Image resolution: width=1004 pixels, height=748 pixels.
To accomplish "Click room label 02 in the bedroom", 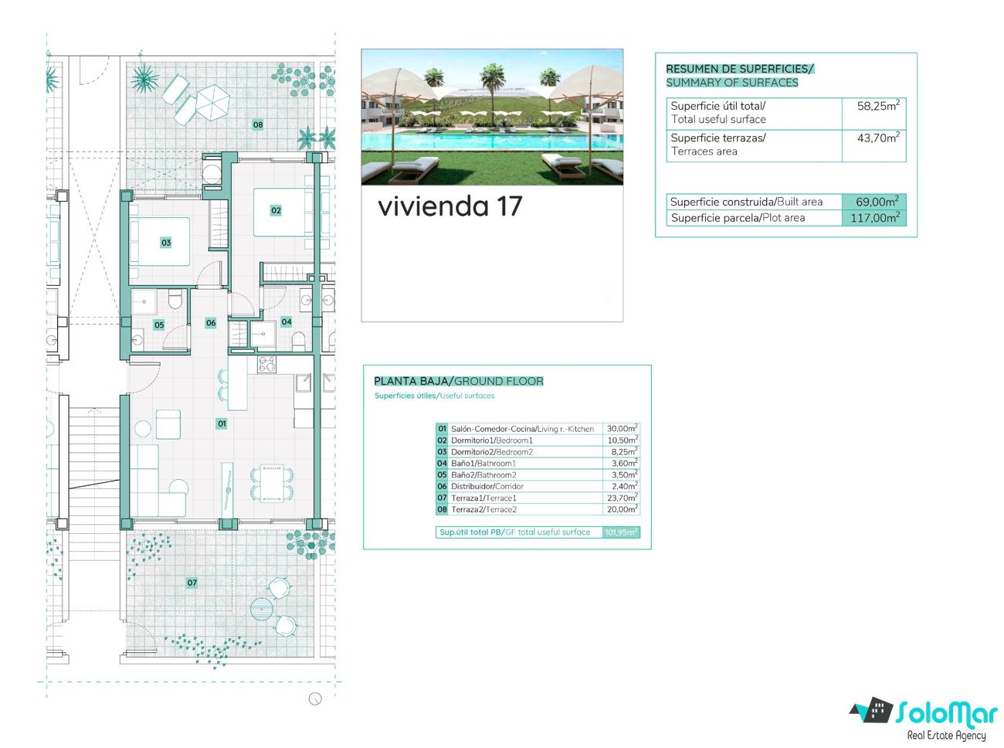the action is pyautogui.click(x=276, y=210).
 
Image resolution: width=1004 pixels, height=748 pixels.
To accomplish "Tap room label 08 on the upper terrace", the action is pyautogui.click(x=257, y=124).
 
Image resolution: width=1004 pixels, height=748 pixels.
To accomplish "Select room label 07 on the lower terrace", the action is pyautogui.click(x=192, y=583).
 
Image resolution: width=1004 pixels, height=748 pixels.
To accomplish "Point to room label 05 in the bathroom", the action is pyautogui.click(x=159, y=325).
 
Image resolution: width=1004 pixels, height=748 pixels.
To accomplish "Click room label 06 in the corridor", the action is pyautogui.click(x=211, y=322).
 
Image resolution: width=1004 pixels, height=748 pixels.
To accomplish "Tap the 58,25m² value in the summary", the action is pyautogui.click(x=878, y=106).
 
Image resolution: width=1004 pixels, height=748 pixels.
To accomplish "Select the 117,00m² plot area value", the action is pyautogui.click(x=875, y=217).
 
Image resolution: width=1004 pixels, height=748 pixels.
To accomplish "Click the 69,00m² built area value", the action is pyautogui.click(x=877, y=201).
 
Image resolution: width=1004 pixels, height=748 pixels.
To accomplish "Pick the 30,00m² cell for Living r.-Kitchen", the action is pyautogui.click(x=622, y=428).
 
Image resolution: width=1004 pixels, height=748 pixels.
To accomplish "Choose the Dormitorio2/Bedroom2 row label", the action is pyautogui.click(x=492, y=452).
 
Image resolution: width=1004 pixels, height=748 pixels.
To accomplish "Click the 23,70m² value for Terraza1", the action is pyautogui.click(x=622, y=498).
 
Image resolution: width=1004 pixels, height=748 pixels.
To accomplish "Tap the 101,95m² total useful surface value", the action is pyautogui.click(x=621, y=532).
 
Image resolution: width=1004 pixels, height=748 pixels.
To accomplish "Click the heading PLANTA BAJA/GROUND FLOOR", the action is pyautogui.click(x=458, y=381).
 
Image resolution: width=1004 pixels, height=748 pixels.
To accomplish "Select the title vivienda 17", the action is pyautogui.click(x=450, y=206).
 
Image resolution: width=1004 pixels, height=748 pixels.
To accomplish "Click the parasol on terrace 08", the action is pyautogui.click(x=212, y=102).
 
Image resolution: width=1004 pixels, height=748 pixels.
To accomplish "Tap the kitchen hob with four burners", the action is pyautogui.click(x=266, y=364).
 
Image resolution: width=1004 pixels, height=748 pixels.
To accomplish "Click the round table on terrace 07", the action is pyautogui.click(x=260, y=610).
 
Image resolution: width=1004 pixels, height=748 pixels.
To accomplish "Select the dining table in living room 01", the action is pyautogui.click(x=272, y=484).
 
